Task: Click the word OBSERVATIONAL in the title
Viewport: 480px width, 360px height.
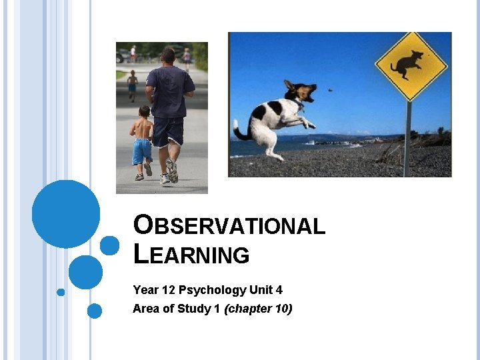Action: [x=229, y=225]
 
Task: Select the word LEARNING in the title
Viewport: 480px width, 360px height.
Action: [x=191, y=255]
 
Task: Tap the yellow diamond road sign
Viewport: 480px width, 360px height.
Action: [x=407, y=65]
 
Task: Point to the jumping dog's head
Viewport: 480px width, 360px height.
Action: [x=302, y=91]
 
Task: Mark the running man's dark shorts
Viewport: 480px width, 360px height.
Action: [x=168, y=131]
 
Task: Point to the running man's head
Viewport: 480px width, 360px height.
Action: [x=168, y=56]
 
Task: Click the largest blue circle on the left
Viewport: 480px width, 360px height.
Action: [x=66, y=214]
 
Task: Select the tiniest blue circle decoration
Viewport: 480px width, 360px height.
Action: [x=61, y=292]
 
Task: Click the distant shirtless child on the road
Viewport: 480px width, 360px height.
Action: [x=132, y=83]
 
